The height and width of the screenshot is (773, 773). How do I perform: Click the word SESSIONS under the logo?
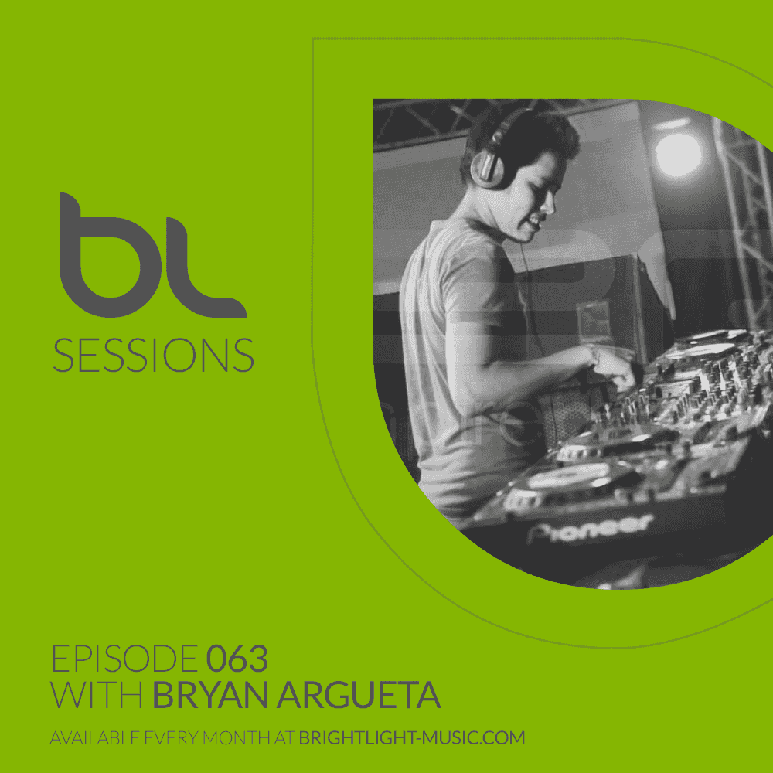click(x=153, y=354)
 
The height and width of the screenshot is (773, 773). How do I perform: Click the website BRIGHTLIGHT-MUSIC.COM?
click(x=411, y=738)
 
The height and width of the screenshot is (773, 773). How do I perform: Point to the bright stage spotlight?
click(x=678, y=154)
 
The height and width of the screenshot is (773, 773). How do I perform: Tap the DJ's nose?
click(x=550, y=203)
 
